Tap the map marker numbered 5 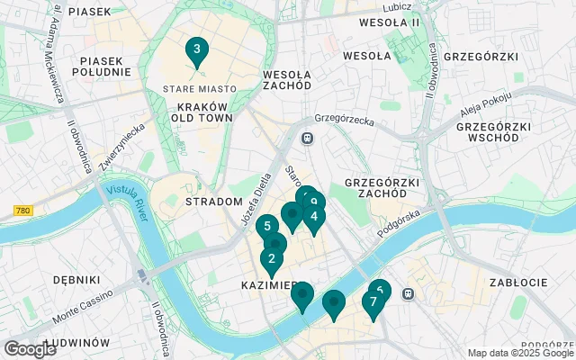265,228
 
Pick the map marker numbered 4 313,217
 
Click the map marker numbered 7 373,303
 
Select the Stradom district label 208,202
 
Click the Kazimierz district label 268,285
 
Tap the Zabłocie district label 517,283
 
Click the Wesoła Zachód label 287,80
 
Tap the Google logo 30,348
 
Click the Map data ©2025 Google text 520,353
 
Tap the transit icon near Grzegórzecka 308,138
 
